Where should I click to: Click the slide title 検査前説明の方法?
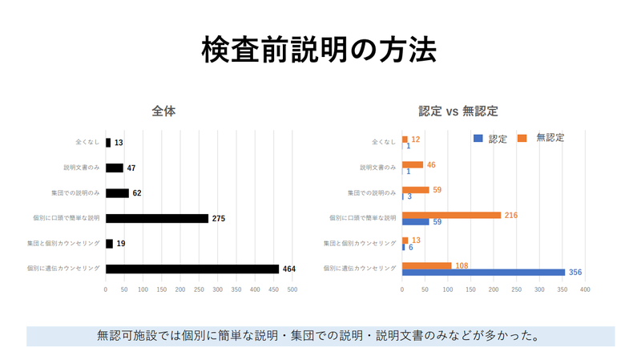[x=319, y=50]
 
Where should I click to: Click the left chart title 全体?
[x=163, y=111]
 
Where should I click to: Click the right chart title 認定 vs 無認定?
[x=464, y=111]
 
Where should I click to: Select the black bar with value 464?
[x=192, y=269]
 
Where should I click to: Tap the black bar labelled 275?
[x=157, y=218]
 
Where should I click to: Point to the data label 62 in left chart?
[x=137, y=193]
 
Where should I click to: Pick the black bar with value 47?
[x=115, y=168]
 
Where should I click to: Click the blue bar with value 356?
[x=483, y=272]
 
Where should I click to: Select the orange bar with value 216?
[x=451, y=215]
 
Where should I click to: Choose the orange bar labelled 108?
[x=426, y=265]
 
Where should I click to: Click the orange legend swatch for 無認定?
[x=522, y=138]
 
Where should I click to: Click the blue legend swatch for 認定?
[x=478, y=138]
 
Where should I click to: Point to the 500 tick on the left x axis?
[x=292, y=289]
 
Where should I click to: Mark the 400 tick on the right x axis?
[x=585, y=289]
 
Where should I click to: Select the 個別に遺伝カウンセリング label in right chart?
[x=360, y=269]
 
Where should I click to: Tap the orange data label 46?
[x=431, y=164]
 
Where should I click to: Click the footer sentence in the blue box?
[x=320, y=336]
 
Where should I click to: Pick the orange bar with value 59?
[x=415, y=190]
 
